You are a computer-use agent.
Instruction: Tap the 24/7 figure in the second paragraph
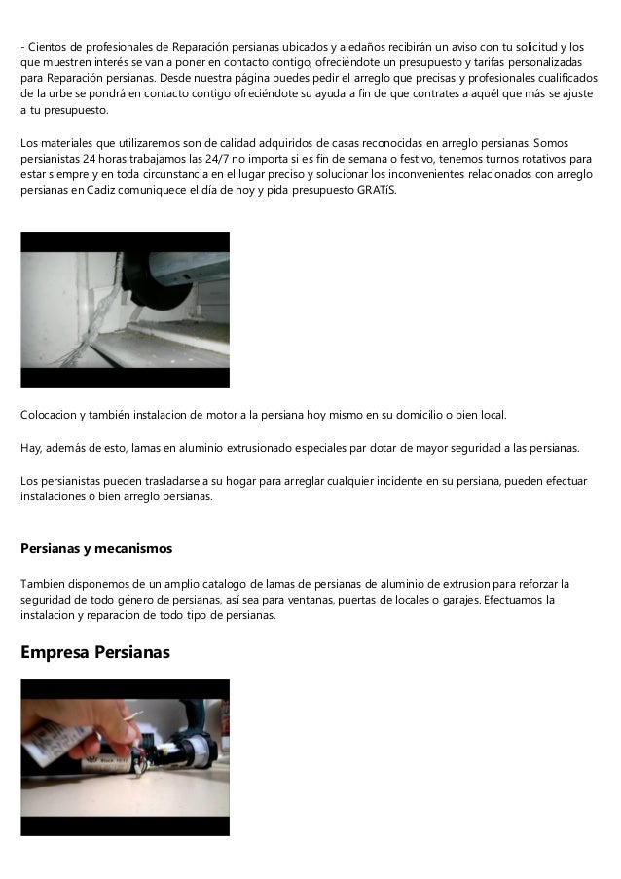point(237,157)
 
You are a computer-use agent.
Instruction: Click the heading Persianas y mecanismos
point(96,549)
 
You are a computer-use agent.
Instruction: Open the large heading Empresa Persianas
point(95,652)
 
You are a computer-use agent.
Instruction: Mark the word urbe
point(46,94)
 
